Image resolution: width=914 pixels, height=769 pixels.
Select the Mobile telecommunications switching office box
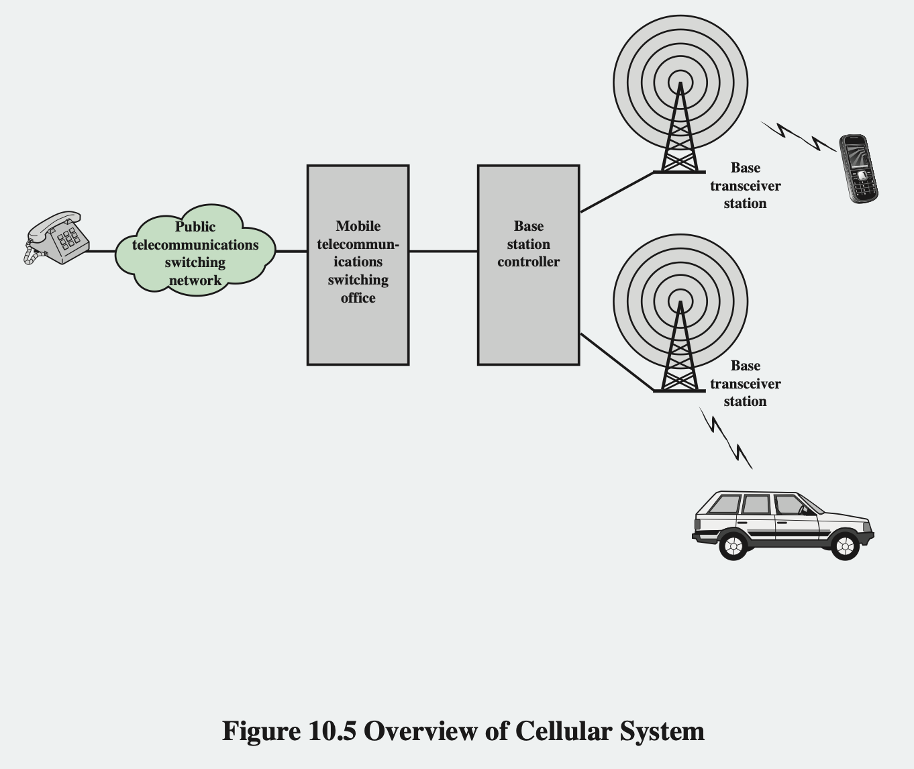click(x=358, y=264)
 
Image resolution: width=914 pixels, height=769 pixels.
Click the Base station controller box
click(x=528, y=264)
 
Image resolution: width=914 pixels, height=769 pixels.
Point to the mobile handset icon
click(x=858, y=168)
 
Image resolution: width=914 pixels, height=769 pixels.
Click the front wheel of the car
click(x=845, y=546)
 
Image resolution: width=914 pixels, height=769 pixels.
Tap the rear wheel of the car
click(x=733, y=546)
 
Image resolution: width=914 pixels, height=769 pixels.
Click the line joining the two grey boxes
click(x=443, y=251)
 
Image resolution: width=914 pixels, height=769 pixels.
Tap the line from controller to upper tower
click(x=616, y=192)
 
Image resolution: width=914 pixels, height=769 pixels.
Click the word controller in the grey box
click(x=528, y=262)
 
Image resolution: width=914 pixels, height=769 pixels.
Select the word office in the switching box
click(x=358, y=298)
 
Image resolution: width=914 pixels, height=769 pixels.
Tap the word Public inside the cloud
click(x=195, y=227)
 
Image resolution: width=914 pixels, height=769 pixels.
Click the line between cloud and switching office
click(x=291, y=251)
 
